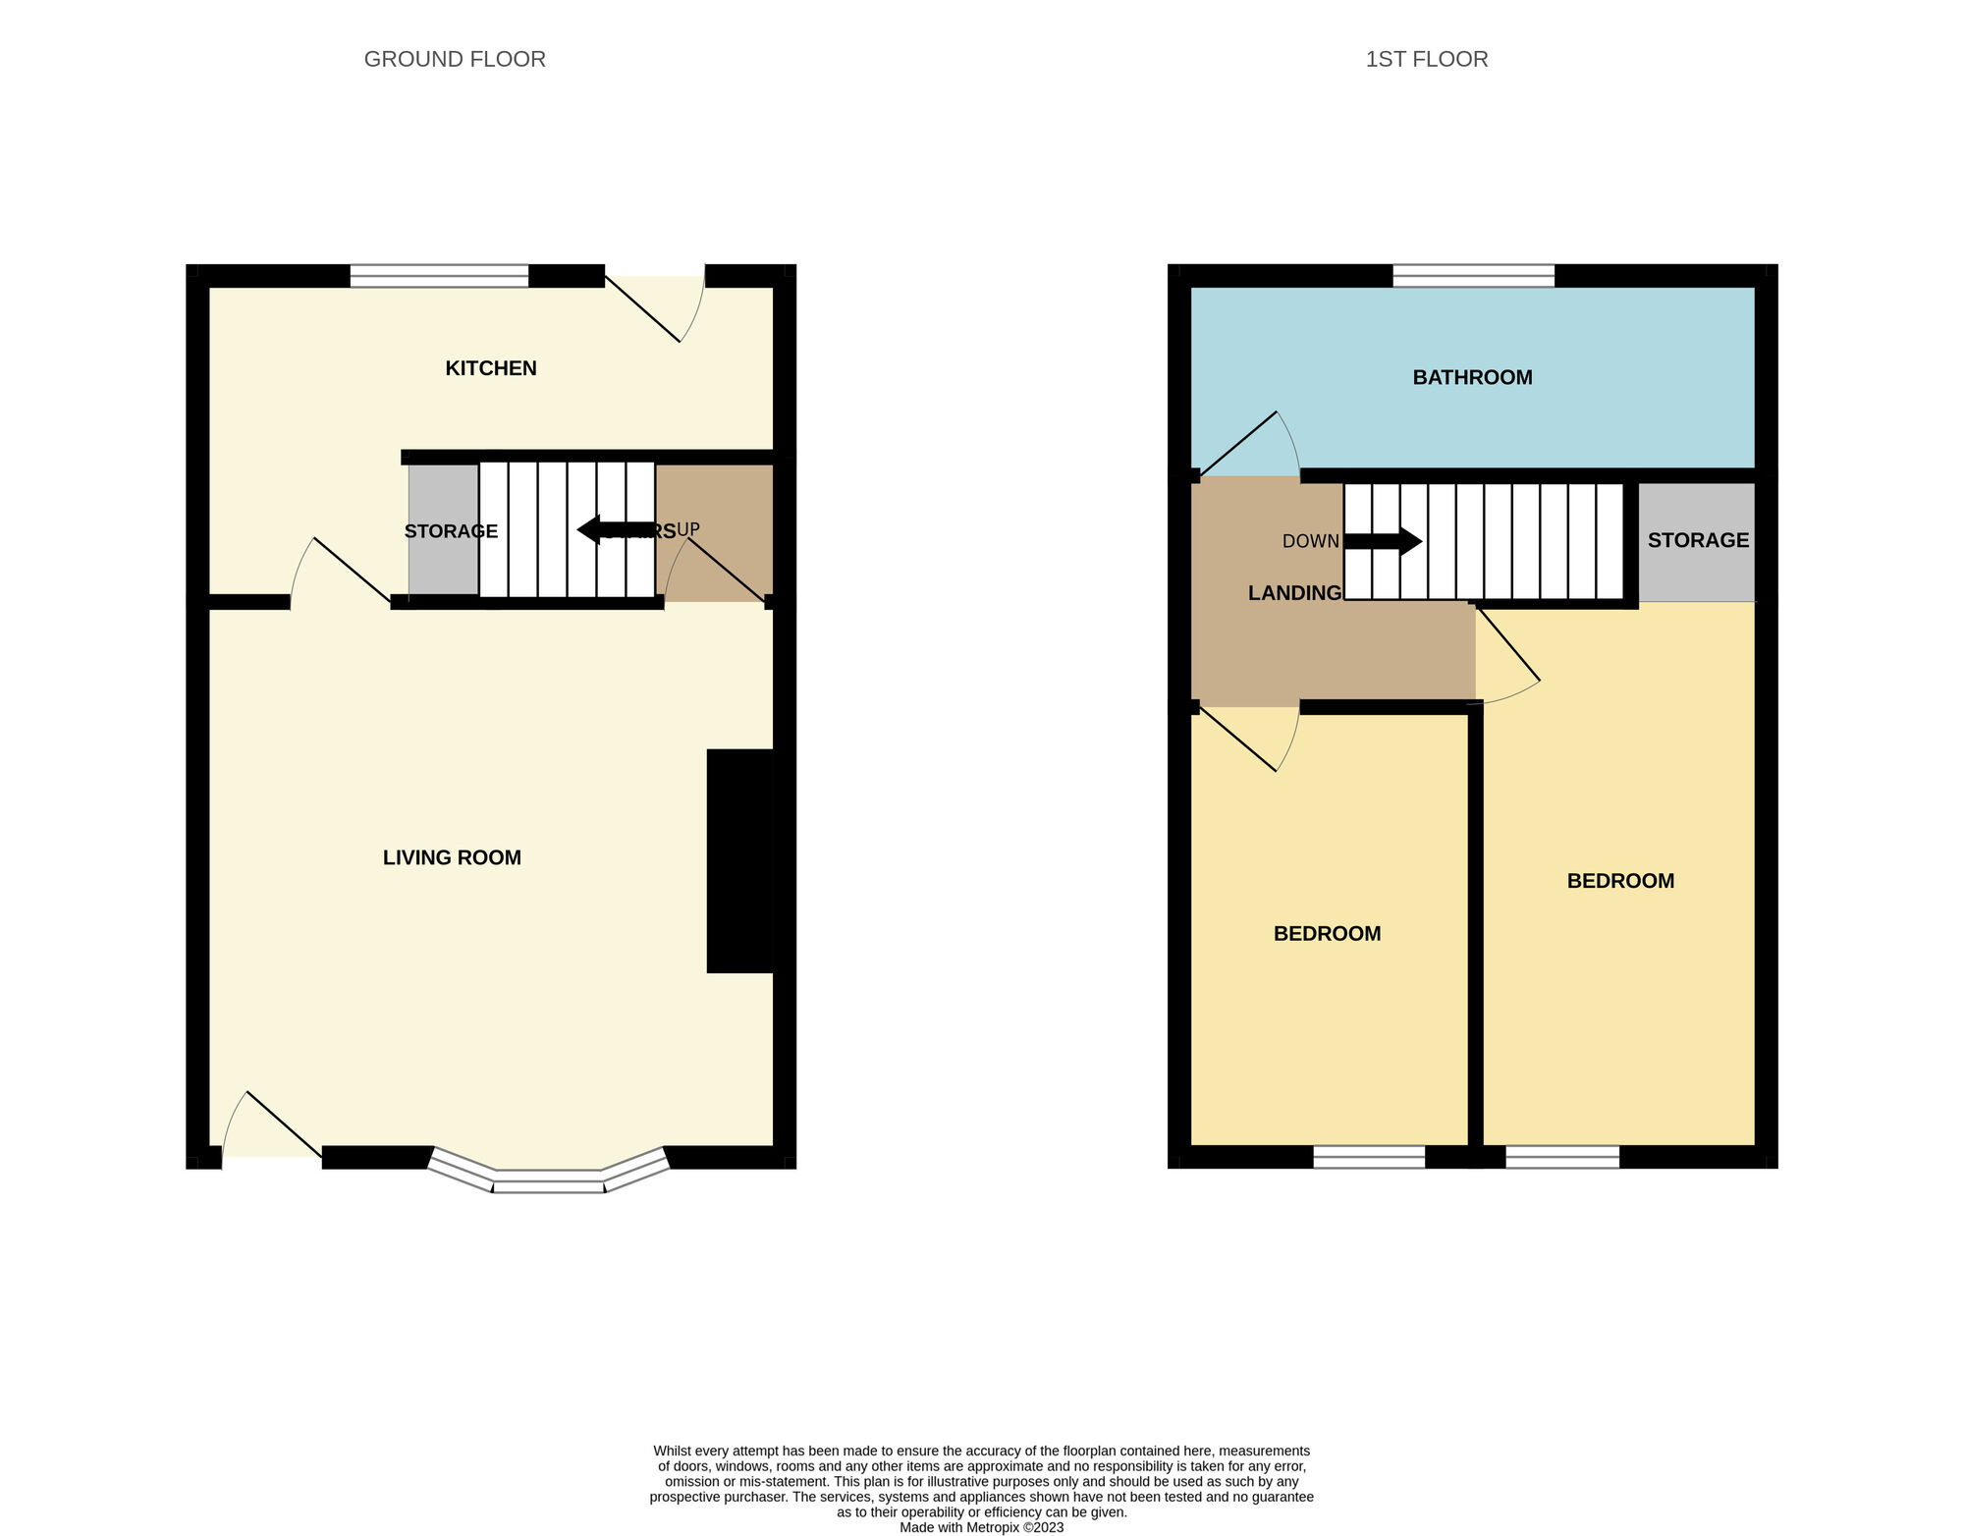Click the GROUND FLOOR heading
[455, 59]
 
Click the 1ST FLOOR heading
[1426, 59]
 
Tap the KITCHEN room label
[490, 368]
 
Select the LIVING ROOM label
[452, 857]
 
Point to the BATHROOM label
[1472, 377]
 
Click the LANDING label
[1294, 593]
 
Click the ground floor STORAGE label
[451, 531]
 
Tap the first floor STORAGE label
[1698, 540]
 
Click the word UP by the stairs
[688, 529]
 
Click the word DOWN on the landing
[1310, 541]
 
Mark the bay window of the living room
[549, 1178]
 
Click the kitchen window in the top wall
[439, 276]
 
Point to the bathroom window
[1473, 276]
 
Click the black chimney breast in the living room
[739, 860]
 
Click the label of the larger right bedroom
[1620, 881]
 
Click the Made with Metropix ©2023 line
[981, 1527]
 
